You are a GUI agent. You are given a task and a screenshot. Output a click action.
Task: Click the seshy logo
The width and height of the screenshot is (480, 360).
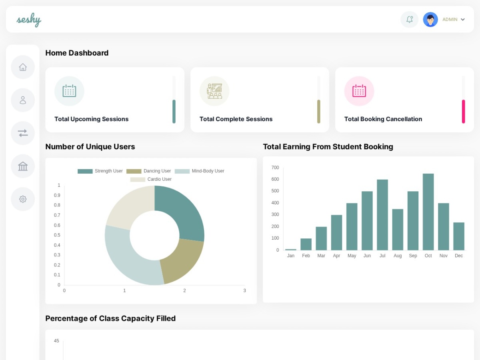pos(29,20)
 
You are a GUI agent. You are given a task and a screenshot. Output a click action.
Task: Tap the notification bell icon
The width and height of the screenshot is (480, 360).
pos(409,20)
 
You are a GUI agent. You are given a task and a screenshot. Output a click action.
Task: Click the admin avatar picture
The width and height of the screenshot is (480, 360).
pos(430,20)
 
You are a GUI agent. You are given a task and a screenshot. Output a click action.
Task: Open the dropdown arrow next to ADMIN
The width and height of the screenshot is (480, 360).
pos(463,20)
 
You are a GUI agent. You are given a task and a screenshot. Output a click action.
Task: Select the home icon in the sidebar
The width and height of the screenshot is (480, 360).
pos(23,67)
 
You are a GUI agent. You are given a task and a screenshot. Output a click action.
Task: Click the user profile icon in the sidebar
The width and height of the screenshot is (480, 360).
pos(23,100)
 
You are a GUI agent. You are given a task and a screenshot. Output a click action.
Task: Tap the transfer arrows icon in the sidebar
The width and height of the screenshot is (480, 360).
pos(23,133)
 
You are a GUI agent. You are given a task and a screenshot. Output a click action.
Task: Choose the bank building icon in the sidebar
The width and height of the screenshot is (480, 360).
pos(23,166)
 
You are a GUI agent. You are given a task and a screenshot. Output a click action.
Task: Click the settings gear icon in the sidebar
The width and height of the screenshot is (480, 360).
pos(23,199)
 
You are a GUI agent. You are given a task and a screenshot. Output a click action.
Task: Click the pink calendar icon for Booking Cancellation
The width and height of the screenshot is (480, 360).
pos(359,91)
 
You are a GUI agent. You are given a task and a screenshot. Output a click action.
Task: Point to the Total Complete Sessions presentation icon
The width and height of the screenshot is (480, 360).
pos(214,91)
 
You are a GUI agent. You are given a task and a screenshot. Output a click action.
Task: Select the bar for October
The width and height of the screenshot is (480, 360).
pos(428,212)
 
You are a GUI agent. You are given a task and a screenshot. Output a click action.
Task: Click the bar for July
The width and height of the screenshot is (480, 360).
pos(382,215)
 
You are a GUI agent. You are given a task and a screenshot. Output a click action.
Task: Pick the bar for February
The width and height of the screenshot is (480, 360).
pos(306,244)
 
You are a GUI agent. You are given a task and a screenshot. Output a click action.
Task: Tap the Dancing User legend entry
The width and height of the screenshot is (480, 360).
pos(148,171)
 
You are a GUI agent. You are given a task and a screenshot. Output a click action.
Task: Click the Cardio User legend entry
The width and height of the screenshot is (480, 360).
pos(151,179)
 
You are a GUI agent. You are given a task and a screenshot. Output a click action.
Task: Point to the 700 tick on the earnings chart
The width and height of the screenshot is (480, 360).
pos(275,168)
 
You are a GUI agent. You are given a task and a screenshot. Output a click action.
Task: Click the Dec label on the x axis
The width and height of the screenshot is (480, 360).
pos(458,256)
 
